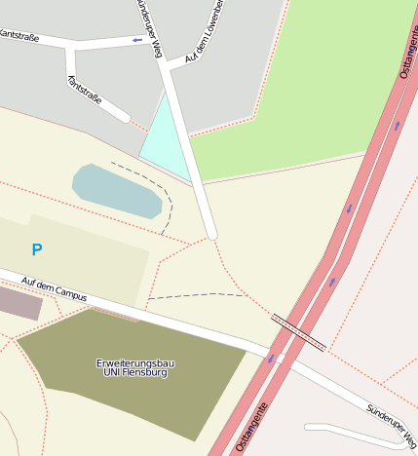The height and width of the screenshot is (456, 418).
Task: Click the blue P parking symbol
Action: click(37, 250)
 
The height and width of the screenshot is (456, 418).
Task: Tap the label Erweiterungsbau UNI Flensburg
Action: click(135, 367)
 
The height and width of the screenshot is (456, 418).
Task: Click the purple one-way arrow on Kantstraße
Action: click(137, 40)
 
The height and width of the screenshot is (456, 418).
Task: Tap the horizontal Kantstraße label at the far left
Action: click(19, 36)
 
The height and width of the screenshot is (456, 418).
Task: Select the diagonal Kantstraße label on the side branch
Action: click(86, 96)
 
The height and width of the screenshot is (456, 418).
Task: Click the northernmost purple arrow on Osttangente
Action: click(397, 125)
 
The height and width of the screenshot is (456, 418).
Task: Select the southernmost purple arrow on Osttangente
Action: click(271, 359)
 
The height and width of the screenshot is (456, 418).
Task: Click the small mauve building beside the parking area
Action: click(19, 303)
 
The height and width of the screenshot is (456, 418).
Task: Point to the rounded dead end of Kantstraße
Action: click(125, 117)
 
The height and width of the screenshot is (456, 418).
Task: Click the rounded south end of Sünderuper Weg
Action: click(210, 234)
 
